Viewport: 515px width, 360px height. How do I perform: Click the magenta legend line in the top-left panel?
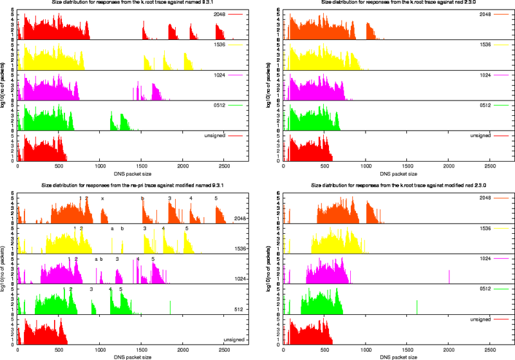tap(235, 75)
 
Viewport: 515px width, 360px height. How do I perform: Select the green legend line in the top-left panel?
tap(235, 105)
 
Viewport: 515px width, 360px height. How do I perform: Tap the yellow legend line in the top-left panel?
tap(235, 45)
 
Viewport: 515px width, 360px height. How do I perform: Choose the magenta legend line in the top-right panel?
tap(501, 75)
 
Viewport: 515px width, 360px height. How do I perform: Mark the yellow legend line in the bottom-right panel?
tap(501, 228)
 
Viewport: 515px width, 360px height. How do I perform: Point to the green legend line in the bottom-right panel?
tap(501, 289)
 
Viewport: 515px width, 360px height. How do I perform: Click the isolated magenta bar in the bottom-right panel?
tap(449, 276)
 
